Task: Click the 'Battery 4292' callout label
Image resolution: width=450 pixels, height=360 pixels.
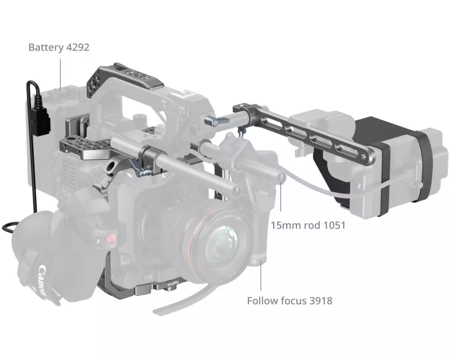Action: click(59, 47)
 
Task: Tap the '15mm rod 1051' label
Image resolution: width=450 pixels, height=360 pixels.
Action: click(308, 225)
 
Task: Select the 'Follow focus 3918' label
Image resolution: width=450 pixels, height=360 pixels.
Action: click(289, 301)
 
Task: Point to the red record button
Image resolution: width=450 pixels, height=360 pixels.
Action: click(111, 238)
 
